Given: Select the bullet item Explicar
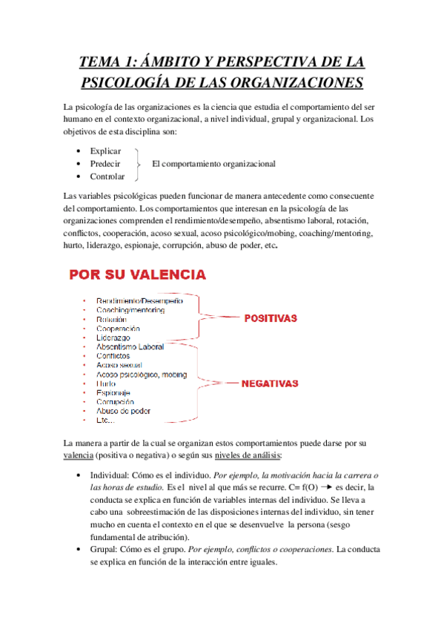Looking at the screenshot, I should tap(105, 151).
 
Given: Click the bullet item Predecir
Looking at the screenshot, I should tap(105, 164).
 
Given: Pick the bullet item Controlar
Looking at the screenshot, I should tap(107, 177).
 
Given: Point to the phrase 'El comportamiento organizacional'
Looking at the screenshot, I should tap(213, 164).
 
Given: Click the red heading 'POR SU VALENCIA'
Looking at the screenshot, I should tap(138, 275).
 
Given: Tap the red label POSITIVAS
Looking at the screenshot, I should tap(271, 318).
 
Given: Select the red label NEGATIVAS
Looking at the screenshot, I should tap(271, 384).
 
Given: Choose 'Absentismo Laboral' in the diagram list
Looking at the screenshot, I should tap(130, 346).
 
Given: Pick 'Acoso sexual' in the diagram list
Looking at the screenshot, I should tap(119, 365).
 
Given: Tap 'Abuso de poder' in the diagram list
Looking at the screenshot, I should tap(122, 410).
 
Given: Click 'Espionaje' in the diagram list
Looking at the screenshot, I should tap(113, 392).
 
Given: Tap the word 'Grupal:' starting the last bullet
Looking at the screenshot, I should tap(105, 550).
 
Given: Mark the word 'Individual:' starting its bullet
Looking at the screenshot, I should tap(113, 475).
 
